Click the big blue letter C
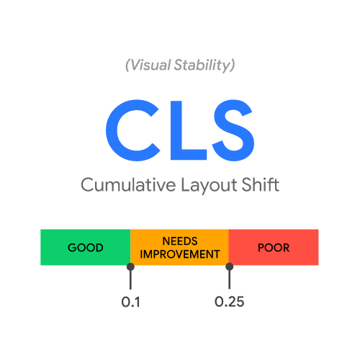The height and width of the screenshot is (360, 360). pos(133,130)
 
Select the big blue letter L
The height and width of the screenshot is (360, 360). pos(189,130)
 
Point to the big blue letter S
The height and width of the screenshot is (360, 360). pos(233,130)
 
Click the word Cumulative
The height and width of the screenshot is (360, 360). pos(128,184)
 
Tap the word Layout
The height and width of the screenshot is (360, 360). pos(209,185)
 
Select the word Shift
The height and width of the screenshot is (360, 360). pos(261,184)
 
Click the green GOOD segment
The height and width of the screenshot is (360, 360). pos(86,247)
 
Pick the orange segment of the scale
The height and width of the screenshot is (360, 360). pos(179,247)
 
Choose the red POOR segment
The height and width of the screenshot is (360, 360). pos(274,247)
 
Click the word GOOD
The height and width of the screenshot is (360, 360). pos(86,248)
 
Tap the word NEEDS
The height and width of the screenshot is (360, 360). pos(180,241)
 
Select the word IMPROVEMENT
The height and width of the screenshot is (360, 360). pos(180,254)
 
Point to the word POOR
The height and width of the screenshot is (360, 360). pos(274,248)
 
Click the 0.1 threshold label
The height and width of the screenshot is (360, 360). pos(130,302)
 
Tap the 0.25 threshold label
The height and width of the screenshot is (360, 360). pos(230,302)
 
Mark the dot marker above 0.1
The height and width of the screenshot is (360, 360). pos(130,266)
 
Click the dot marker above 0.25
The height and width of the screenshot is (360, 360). pos(230,266)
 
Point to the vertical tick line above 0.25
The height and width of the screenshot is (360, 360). pos(230,279)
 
